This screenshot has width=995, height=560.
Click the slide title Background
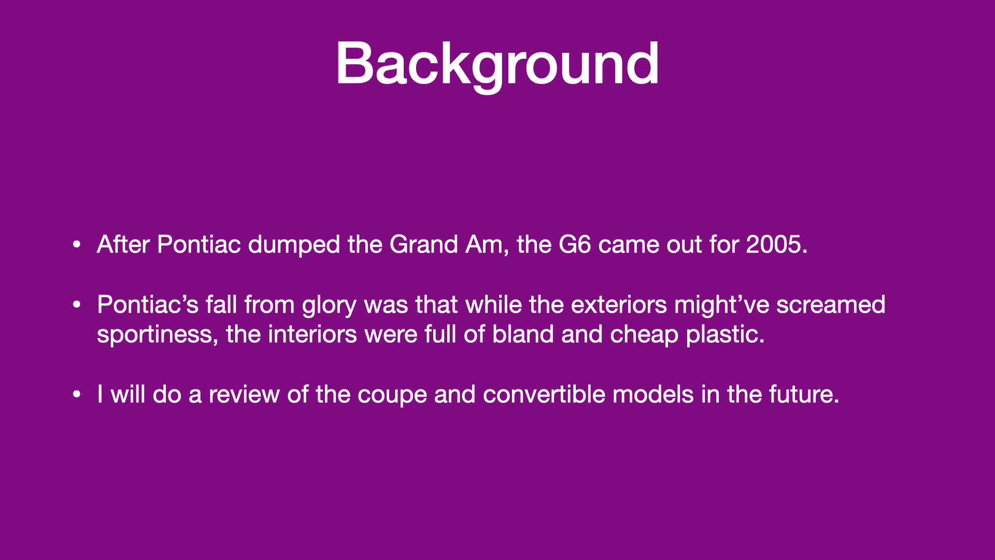497,65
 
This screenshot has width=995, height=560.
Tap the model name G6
575,244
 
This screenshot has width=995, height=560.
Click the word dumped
294,245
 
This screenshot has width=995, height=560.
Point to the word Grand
423,244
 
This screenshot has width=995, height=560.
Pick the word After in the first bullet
123,244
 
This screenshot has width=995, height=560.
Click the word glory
329,305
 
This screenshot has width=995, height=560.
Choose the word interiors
312,334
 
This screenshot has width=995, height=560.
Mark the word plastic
725,335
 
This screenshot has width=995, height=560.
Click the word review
244,395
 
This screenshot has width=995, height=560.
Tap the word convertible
547,395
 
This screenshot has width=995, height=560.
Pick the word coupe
392,396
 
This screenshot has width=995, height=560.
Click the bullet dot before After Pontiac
77,244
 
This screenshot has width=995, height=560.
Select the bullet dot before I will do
77,395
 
